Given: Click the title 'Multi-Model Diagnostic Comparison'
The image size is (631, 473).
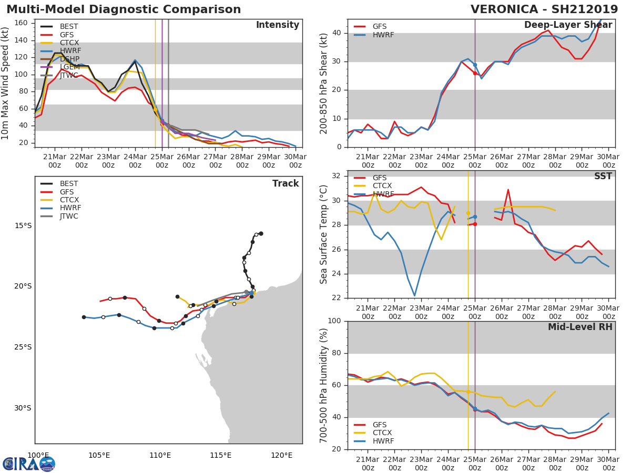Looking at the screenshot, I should pyautogui.click(x=124, y=9).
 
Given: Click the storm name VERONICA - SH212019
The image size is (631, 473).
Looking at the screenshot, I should pyautogui.click(x=544, y=9).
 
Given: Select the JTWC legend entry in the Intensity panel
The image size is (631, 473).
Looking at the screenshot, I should pyautogui.click(x=69, y=76).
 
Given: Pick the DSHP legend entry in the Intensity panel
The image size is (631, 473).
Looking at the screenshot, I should pyautogui.click(x=70, y=59).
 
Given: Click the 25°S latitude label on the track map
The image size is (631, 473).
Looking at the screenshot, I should pyautogui.click(x=23, y=347).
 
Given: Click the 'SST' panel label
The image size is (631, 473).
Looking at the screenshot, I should pyautogui.click(x=603, y=177).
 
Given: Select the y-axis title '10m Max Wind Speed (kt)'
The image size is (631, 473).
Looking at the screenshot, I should pyautogui.click(x=6, y=83).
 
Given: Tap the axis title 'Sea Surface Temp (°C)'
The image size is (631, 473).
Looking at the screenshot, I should pyautogui.click(x=324, y=234).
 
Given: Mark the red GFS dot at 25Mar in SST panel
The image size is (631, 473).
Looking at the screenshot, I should pyautogui.click(x=475, y=224).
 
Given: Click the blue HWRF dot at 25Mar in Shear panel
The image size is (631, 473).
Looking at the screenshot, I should pyautogui.click(x=475, y=65).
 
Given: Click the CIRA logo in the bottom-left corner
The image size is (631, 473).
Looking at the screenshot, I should pyautogui.click(x=29, y=464).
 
